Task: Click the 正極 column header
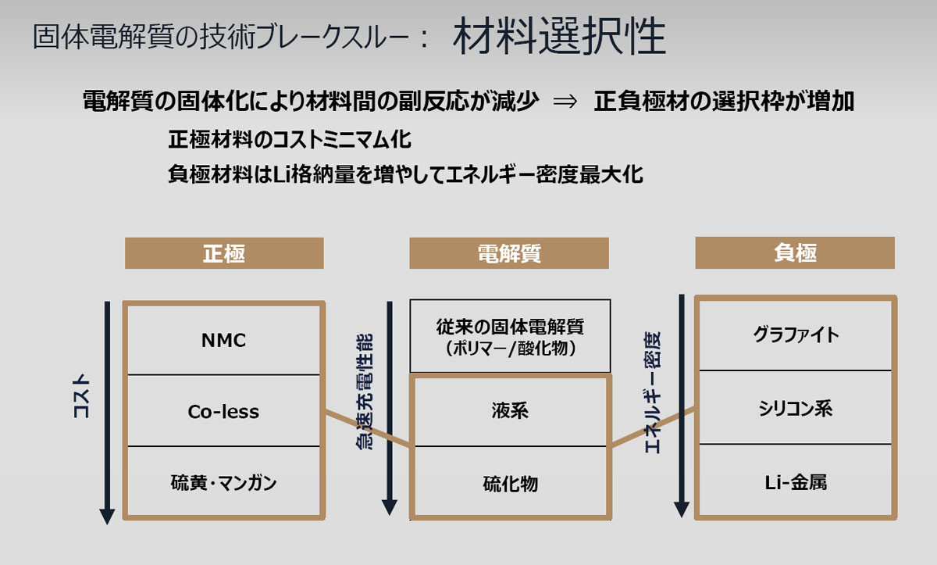click(x=224, y=253)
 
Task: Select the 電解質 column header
click(x=509, y=253)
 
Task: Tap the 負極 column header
click(x=795, y=252)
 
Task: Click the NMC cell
click(x=223, y=340)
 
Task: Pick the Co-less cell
click(x=223, y=410)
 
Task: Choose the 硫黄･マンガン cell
click(x=223, y=481)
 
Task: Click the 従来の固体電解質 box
click(x=510, y=336)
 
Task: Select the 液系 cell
click(x=510, y=411)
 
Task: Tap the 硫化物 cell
click(x=510, y=481)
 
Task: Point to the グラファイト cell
click(x=796, y=334)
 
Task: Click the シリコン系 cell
click(x=796, y=407)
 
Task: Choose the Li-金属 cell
click(x=796, y=481)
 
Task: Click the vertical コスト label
click(x=81, y=396)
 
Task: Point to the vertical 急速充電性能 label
click(x=364, y=392)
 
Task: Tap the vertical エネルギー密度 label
click(x=653, y=392)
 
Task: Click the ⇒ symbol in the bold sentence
click(x=565, y=102)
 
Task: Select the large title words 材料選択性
click(x=559, y=36)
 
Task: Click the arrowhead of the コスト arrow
click(x=107, y=517)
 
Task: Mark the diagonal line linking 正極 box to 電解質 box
click(x=367, y=428)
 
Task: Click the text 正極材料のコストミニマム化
click(x=290, y=139)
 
